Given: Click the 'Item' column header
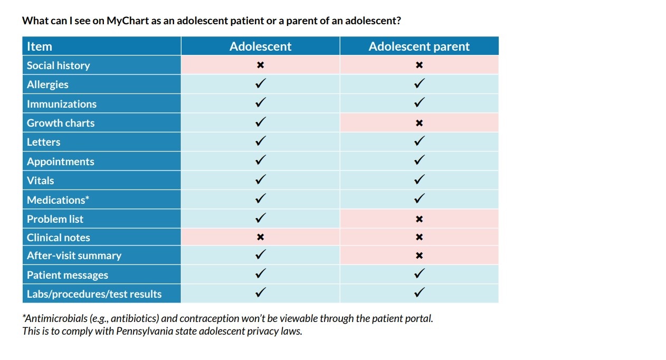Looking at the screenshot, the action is [x=40, y=46].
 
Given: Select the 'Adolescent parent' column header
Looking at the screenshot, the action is [x=419, y=46].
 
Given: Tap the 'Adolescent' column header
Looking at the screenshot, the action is [x=260, y=46].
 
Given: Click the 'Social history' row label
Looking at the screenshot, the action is [x=59, y=65].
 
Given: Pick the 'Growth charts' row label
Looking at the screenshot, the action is [x=61, y=123].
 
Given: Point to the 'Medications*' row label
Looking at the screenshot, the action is [x=58, y=200].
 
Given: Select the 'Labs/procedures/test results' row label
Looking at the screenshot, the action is [x=94, y=294].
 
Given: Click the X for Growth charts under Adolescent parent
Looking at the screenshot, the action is [x=419, y=123].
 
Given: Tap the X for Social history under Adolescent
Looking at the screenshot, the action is [x=260, y=65].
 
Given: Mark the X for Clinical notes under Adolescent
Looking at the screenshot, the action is [x=260, y=238].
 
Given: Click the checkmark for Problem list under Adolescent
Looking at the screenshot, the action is [x=260, y=218].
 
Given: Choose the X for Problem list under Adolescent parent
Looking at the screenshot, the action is [x=419, y=219].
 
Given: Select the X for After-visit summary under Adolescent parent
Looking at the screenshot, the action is [x=419, y=256].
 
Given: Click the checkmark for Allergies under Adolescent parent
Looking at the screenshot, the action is [x=419, y=84].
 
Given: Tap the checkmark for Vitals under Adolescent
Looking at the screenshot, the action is [x=260, y=180].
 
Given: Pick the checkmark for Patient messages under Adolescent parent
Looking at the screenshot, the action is [x=419, y=274].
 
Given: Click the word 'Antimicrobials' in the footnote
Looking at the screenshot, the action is [x=56, y=319].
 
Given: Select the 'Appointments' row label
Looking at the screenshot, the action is [x=61, y=162].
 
